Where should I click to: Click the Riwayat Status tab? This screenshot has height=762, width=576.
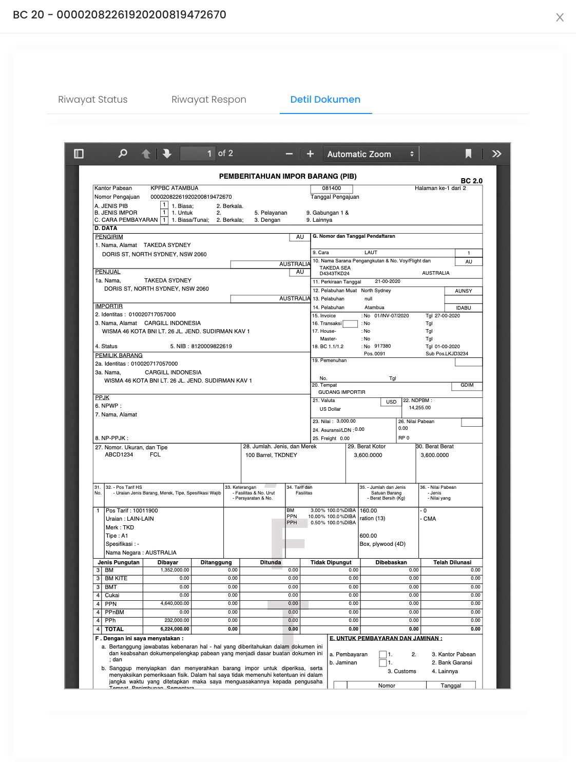93,100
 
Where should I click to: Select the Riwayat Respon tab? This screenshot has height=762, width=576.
209,100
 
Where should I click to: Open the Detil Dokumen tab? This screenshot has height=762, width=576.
325,100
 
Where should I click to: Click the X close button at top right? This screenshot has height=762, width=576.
560,17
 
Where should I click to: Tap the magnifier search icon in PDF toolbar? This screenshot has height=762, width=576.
123,154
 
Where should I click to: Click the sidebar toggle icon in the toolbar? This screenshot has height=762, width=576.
79,154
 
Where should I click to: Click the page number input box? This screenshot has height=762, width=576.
198,154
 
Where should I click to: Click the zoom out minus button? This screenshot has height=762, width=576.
289,154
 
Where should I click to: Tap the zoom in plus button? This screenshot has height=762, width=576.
310,154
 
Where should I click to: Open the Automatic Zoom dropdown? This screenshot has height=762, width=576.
371,154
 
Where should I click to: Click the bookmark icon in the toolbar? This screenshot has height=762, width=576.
468,154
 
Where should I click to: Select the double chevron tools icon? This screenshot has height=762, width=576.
496,154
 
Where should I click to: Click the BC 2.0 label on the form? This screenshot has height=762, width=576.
471,181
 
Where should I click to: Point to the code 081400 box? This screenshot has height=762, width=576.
332,188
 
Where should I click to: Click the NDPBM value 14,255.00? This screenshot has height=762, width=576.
420,408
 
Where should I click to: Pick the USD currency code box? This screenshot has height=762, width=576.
391,402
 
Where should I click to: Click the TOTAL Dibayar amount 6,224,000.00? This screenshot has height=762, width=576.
175,629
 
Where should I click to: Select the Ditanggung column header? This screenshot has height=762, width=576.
216,562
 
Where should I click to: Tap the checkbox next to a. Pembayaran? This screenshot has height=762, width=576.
382,655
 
